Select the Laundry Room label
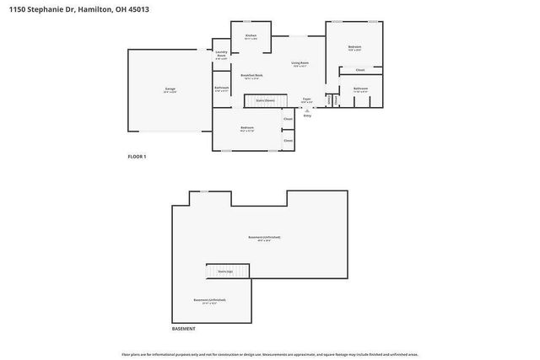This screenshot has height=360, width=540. click(x=221, y=56)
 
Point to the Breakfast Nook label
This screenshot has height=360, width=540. click(x=251, y=76)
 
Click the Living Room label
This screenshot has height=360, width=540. click(x=300, y=63)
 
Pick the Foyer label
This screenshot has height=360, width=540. click(x=307, y=100)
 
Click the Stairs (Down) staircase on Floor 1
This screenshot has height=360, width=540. click(x=264, y=100)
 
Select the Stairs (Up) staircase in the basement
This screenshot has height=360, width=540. click(x=225, y=271)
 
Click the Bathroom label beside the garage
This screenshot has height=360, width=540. click(x=222, y=89)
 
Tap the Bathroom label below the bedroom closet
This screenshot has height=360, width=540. click(x=360, y=89)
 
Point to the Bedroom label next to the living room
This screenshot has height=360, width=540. click(x=354, y=48)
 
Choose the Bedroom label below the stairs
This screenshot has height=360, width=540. click(x=247, y=129)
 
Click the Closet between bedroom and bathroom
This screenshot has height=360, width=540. click(x=360, y=70)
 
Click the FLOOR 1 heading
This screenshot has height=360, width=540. click(x=137, y=157)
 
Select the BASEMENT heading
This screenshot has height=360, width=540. click(x=184, y=328)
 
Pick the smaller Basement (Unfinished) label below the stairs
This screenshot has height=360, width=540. click(x=209, y=301)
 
